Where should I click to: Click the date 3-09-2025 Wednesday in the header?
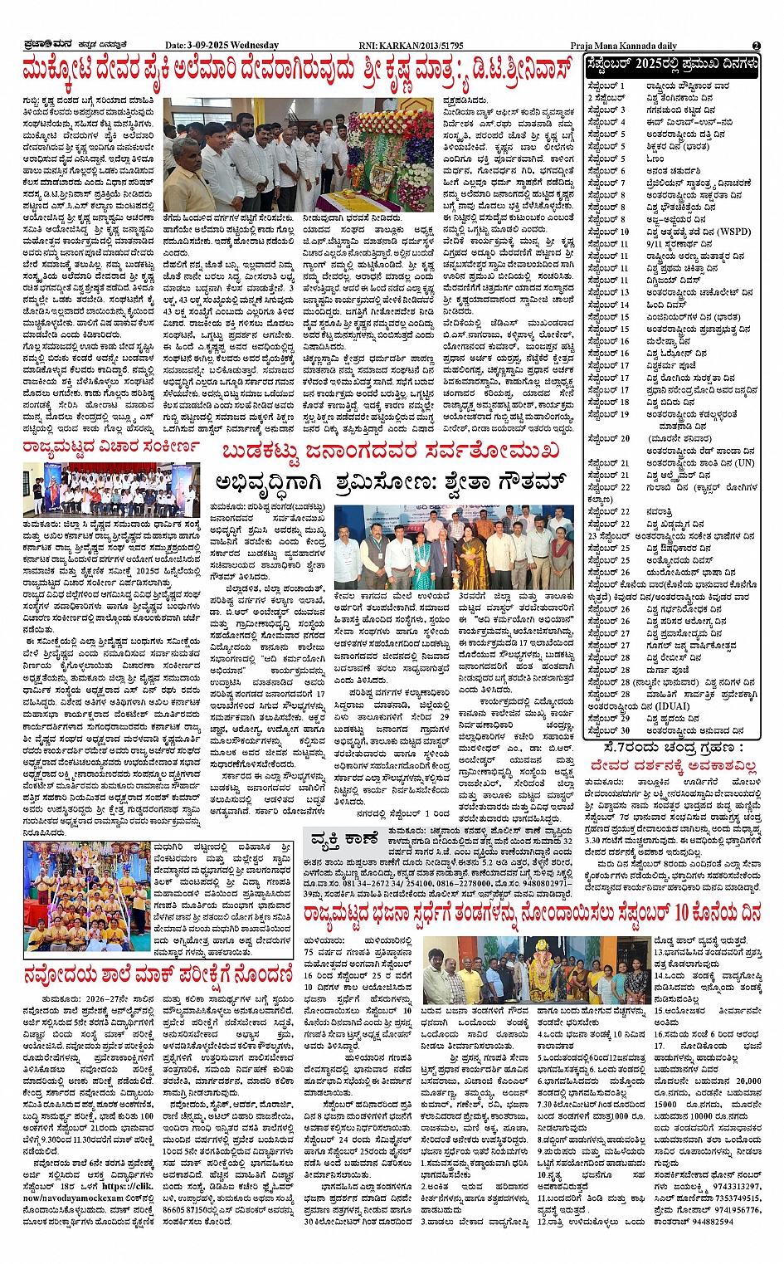coord(222,46)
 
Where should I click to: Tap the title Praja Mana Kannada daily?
coord(623,46)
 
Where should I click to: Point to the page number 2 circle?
coord(757,46)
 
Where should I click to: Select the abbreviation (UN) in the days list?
coord(743,463)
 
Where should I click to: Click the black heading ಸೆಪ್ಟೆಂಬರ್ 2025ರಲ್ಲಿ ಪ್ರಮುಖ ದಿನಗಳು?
coord(672,64)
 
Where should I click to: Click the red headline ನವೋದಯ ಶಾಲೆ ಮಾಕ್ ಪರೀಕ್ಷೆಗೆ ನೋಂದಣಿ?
coord(158,974)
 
